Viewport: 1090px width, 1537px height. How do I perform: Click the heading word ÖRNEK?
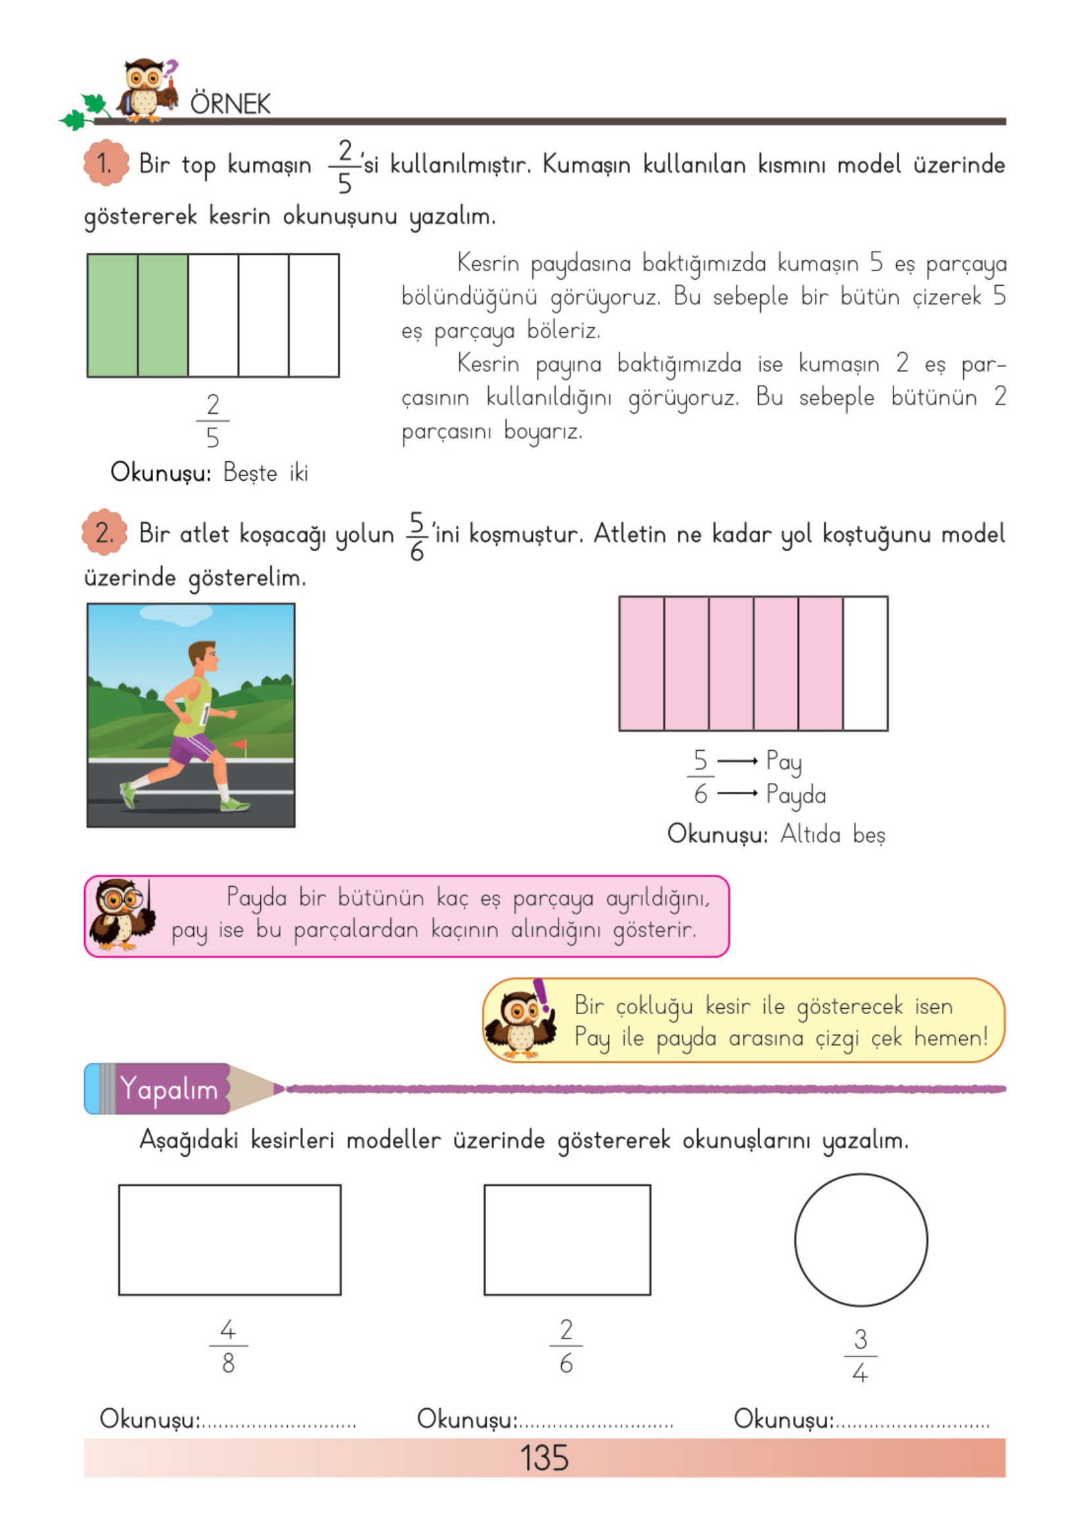pyautogui.click(x=230, y=104)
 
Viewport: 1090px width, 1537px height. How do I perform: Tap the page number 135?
pyautogui.click(x=544, y=1458)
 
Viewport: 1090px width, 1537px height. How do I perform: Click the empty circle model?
pyautogui.click(x=861, y=1240)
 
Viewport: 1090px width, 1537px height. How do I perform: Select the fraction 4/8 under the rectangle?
pyautogui.click(x=228, y=1347)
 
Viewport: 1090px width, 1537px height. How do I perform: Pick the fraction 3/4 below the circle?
pyautogui.click(x=861, y=1356)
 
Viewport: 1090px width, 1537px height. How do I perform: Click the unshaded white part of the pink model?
pyautogui.click(x=865, y=663)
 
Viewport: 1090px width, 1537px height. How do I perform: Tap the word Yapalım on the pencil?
pyautogui.click(x=169, y=1088)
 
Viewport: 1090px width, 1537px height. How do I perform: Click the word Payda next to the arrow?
pyautogui.click(x=796, y=794)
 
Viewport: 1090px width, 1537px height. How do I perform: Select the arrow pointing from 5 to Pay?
pyautogui.click(x=737, y=761)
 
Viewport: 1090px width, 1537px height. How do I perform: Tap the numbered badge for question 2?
pyautogui.click(x=104, y=533)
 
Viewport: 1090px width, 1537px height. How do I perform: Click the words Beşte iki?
pyautogui.click(x=265, y=473)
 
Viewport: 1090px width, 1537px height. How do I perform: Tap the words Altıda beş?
pyautogui.click(x=832, y=835)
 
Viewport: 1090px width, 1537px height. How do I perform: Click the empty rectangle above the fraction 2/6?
pyautogui.click(x=567, y=1240)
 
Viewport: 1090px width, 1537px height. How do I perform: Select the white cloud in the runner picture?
pyautogui.click(x=176, y=613)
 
